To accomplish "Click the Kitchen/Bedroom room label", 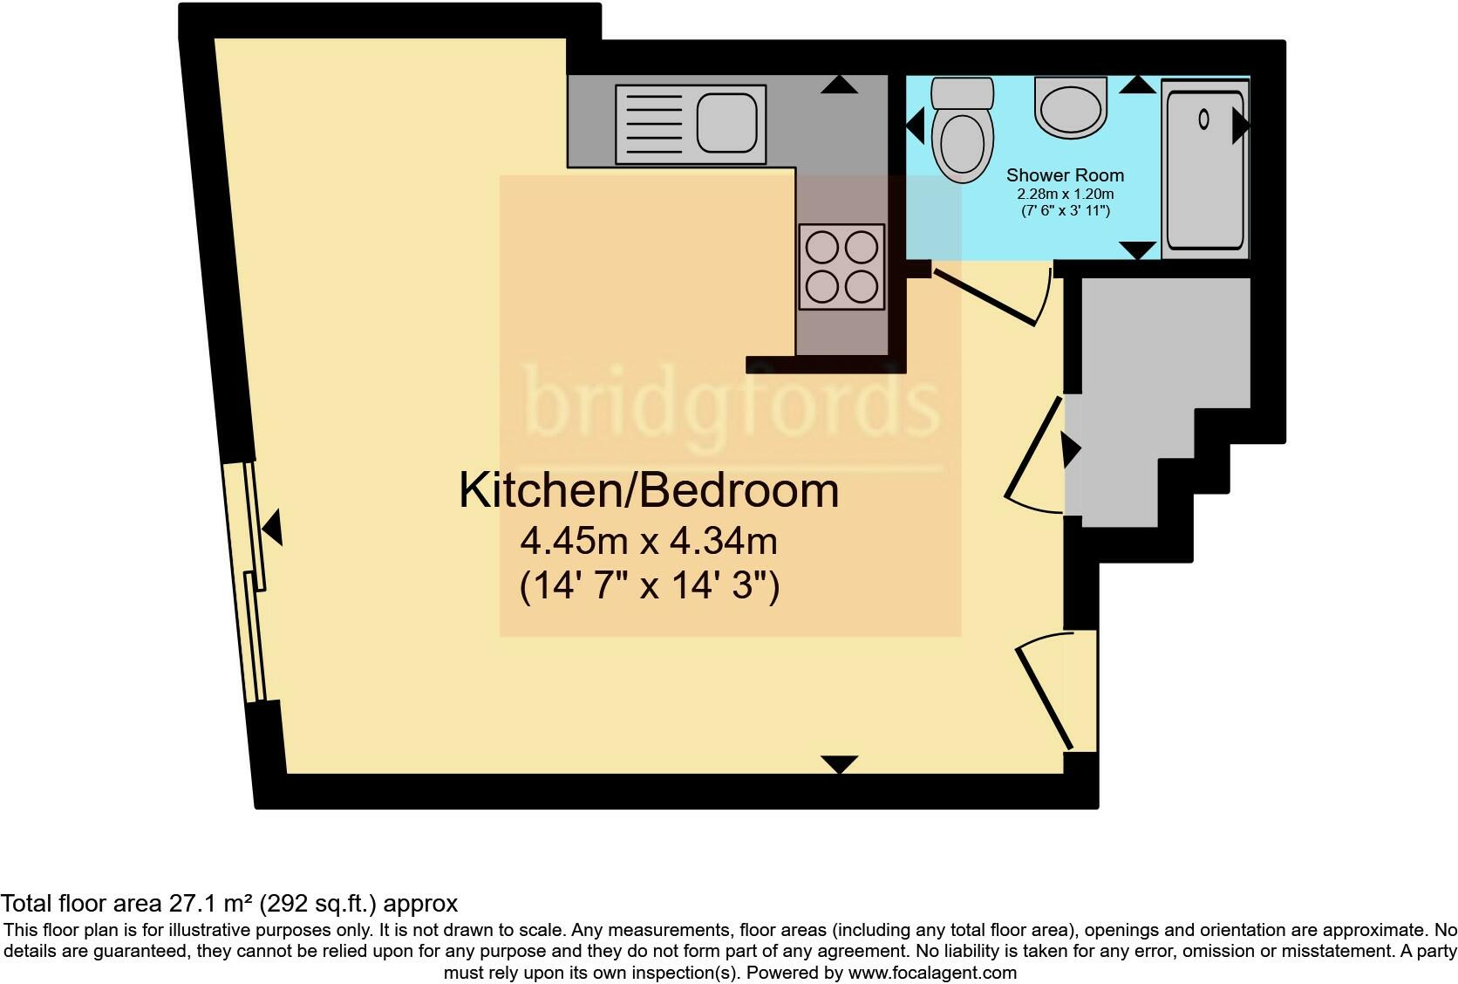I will [649, 490].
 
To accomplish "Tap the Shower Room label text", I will [1065, 175].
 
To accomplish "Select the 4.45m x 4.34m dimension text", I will [649, 542].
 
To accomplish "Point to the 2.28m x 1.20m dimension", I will [1065, 195].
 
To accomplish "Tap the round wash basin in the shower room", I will [1071, 109].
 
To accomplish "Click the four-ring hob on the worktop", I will [841, 266].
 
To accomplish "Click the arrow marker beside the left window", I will [274, 528].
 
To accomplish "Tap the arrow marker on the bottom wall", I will [840, 764].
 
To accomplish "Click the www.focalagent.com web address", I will [931, 972].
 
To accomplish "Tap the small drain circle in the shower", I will [1203, 119].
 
